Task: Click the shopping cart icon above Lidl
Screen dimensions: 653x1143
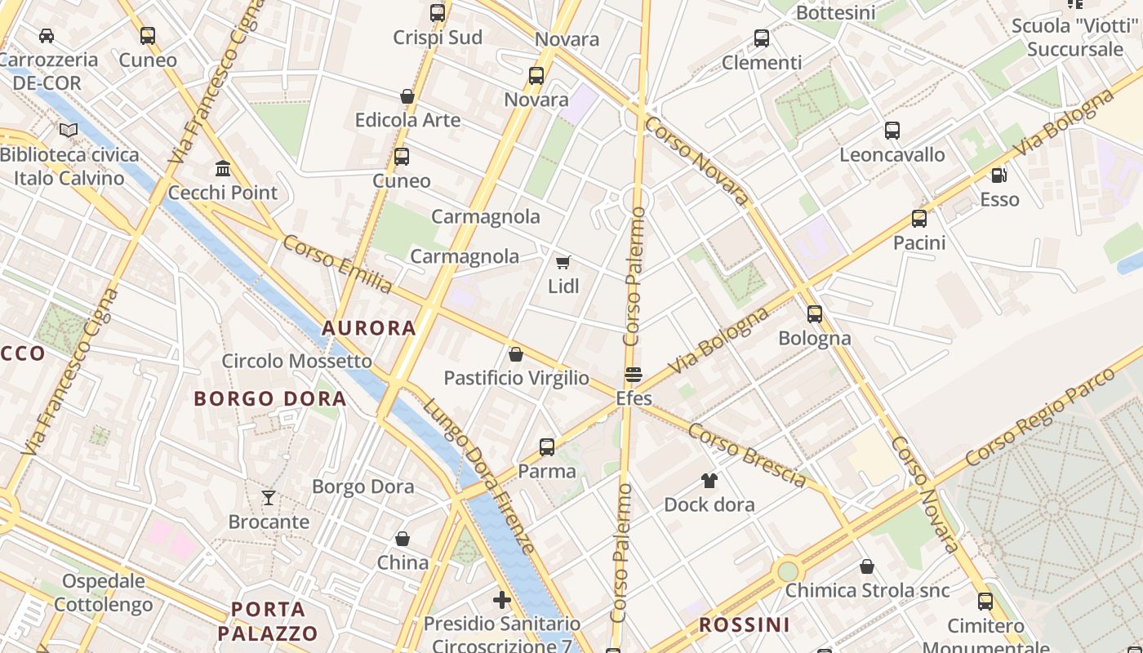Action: click(563, 262)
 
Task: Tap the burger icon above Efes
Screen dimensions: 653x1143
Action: click(634, 375)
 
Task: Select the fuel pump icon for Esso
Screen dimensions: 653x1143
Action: click(998, 175)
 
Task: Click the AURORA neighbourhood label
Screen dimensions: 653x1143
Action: click(369, 328)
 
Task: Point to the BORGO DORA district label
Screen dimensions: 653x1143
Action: click(270, 399)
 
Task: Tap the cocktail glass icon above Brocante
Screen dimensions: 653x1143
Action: click(269, 497)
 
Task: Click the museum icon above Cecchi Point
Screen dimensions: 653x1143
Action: click(222, 168)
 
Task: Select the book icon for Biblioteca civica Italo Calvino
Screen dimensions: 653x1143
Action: click(69, 130)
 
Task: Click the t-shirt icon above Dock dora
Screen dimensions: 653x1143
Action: click(709, 480)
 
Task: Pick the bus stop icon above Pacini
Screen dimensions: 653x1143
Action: click(919, 219)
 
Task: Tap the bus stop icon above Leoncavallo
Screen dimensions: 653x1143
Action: click(892, 131)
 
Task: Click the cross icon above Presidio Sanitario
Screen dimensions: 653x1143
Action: click(502, 600)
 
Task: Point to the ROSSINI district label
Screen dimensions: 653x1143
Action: click(745, 625)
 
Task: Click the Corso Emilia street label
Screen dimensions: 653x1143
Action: click(337, 263)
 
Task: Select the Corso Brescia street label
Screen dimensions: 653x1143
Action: click(747, 455)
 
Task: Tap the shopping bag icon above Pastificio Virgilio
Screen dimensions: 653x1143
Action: click(516, 354)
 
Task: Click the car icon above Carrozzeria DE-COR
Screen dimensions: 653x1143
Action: click(47, 36)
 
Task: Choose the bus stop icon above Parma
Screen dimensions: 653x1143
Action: click(547, 447)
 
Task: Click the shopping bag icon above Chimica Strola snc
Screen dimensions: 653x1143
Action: click(867, 566)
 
